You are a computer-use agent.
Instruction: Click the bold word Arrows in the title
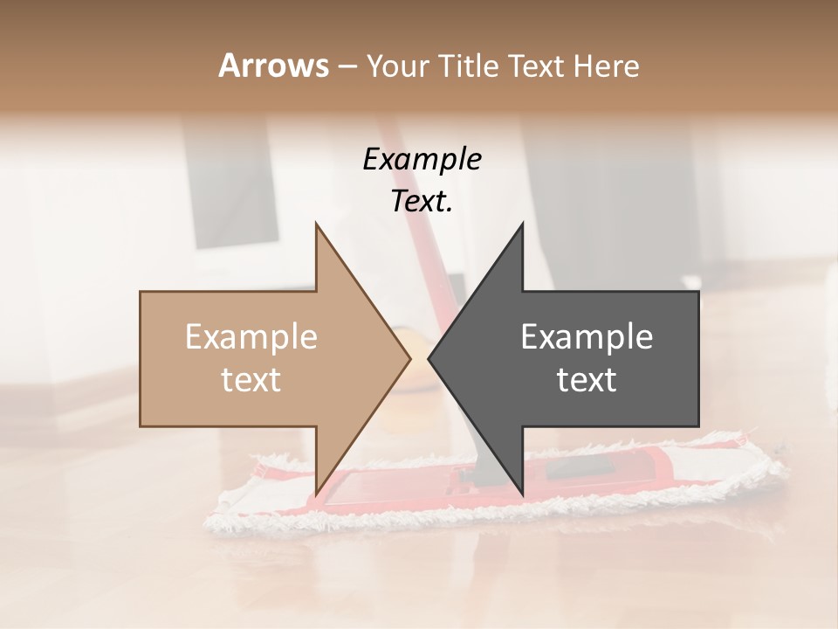[273, 66]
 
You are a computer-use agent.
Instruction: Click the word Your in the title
[397, 66]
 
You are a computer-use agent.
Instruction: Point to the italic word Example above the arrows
[422, 159]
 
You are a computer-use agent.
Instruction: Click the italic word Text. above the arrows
[422, 201]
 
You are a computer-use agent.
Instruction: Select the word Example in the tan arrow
[251, 336]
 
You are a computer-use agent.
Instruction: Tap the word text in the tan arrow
[251, 380]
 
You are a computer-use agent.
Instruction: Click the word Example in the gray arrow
[587, 336]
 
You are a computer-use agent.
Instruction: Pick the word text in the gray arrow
[587, 380]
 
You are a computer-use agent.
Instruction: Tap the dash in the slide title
[347, 66]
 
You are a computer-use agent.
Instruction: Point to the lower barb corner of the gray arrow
[522, 494]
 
